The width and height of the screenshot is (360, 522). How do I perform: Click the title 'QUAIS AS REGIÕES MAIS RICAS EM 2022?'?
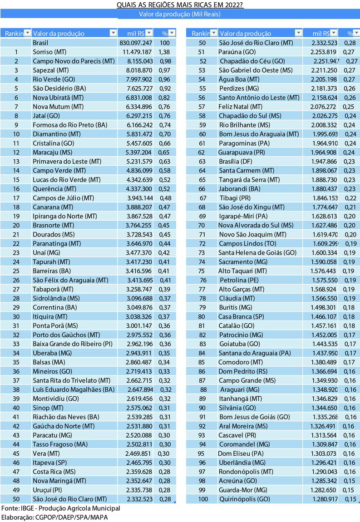tap(179, 5)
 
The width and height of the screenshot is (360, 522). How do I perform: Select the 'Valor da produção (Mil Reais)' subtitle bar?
tap(179, 14)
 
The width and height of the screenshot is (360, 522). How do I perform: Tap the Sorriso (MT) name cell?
tap(50, 52)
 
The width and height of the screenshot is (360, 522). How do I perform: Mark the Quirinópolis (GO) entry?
tap(244, 499)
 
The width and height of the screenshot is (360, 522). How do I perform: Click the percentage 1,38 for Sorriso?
tap(164, 52)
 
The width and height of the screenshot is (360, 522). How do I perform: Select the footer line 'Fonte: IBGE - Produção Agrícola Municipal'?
tap(60, 508)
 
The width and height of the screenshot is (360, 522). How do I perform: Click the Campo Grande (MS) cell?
tap(247, 380)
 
